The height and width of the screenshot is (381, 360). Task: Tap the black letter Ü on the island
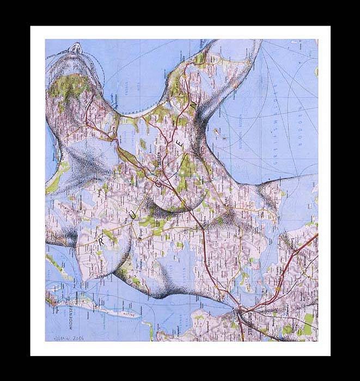point(132,216)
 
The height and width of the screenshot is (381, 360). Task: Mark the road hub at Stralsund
point(239,311)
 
